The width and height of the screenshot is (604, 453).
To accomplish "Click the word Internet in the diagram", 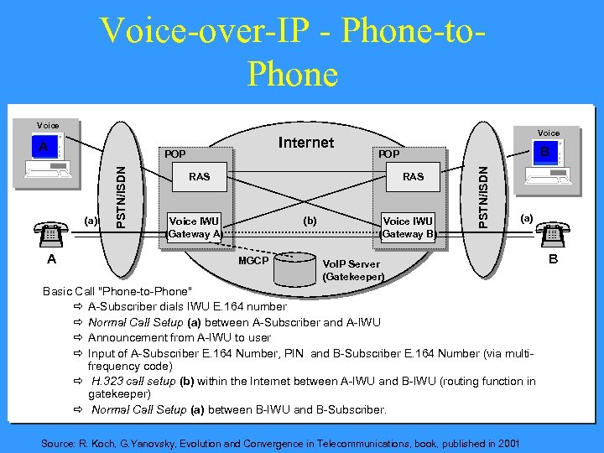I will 305,143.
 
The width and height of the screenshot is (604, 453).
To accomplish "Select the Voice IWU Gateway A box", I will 194,227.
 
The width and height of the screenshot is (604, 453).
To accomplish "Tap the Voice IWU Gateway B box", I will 409,227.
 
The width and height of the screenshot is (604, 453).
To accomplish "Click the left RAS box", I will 200,177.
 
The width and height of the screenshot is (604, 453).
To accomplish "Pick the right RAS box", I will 413,177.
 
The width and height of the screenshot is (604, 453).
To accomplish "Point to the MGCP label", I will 253,261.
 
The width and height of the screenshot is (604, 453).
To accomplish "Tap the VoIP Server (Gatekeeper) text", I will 353,270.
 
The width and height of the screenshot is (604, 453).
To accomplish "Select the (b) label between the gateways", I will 309,221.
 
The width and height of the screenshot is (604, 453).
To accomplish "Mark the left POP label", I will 175,154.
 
